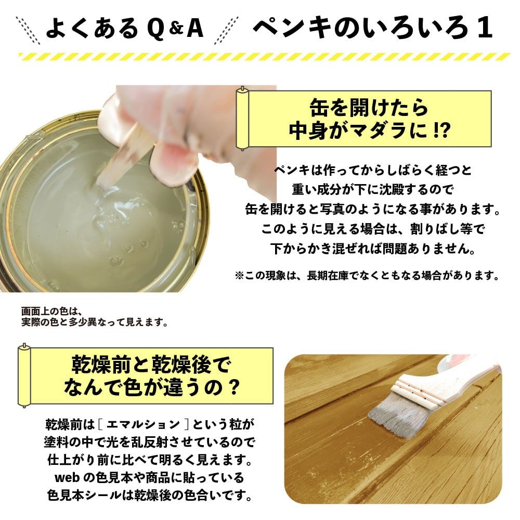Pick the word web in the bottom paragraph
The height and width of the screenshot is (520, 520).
point(67,478)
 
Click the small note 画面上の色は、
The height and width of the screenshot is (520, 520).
point(51,311)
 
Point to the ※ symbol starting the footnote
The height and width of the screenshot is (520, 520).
point(239,276)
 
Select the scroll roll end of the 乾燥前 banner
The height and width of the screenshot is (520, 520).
point(24,375)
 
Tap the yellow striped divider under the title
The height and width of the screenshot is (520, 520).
point(265,57)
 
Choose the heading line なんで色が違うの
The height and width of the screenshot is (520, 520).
point(151,387)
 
